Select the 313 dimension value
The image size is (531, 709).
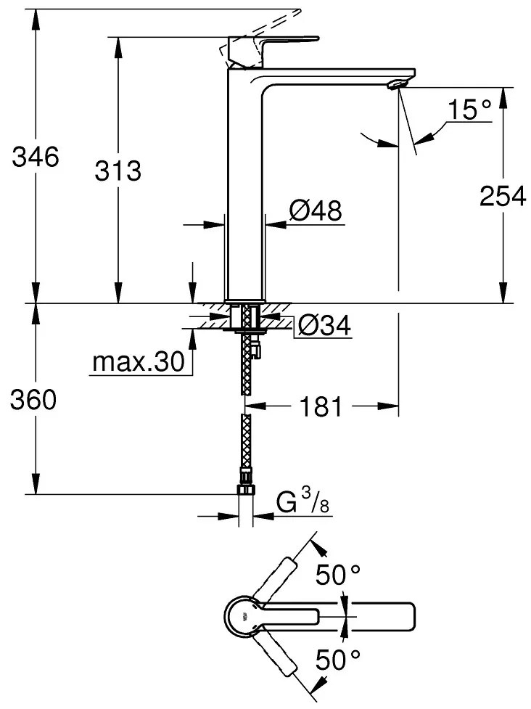118,171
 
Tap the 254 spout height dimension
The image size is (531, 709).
503,195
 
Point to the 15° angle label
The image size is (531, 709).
469,110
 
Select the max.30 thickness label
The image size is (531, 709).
137,361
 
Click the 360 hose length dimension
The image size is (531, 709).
33,400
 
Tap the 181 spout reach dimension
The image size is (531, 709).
322,407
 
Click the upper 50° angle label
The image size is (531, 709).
338,576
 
